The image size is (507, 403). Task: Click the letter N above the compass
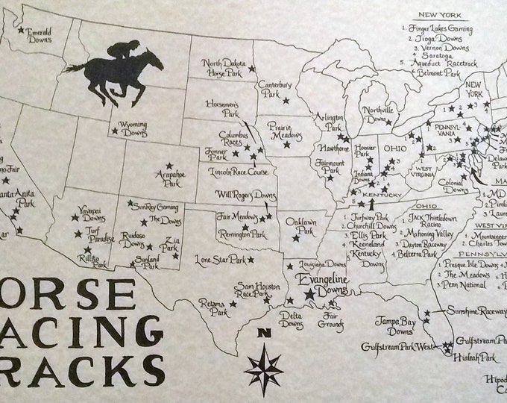tap(261, 334)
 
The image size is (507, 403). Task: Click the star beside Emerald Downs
tap(21, 24)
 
